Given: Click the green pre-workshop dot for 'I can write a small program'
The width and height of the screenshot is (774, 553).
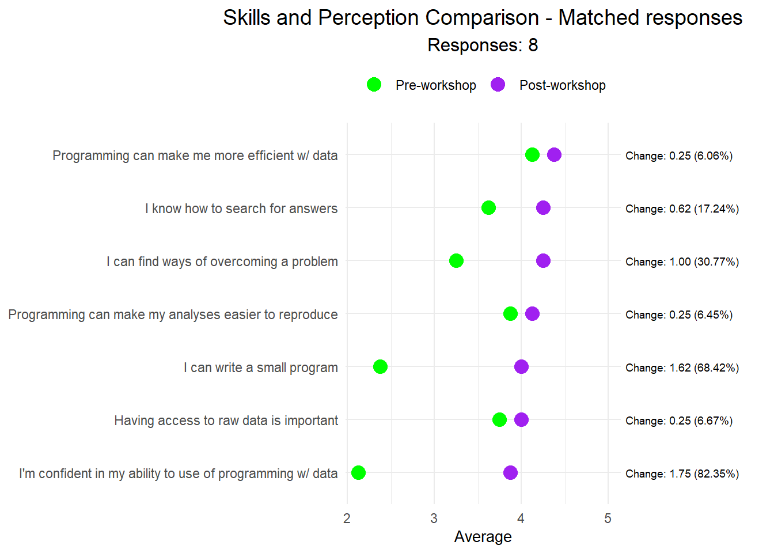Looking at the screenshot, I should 380,366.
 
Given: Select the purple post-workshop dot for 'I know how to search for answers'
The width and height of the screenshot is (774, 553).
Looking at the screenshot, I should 543,207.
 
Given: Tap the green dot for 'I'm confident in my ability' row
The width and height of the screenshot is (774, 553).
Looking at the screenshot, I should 358,472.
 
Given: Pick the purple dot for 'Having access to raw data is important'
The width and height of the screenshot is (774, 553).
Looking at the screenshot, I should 521,419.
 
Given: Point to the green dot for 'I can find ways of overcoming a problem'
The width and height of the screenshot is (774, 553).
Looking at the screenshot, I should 456,260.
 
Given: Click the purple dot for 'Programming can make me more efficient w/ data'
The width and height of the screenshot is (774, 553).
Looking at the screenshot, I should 554,154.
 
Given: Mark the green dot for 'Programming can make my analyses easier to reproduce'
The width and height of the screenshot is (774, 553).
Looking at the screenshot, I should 510,313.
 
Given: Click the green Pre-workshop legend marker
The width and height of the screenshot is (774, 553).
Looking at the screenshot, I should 374,85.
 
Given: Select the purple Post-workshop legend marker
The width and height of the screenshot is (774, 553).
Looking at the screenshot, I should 498,85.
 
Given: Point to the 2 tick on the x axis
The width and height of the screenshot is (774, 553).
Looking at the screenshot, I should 347,518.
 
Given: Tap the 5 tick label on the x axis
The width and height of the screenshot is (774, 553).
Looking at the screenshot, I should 608,518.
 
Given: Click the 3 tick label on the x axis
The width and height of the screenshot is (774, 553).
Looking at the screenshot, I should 434,518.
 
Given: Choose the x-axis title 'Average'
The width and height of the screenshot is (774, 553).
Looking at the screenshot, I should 483,537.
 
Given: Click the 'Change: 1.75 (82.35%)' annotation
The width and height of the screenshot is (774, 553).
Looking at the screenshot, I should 682,474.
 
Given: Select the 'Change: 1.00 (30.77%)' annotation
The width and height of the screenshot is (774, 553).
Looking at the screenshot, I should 682,262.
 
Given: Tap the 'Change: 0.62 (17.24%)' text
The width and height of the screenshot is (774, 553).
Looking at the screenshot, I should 682,209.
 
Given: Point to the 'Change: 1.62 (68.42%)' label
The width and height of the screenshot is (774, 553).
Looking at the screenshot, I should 682,368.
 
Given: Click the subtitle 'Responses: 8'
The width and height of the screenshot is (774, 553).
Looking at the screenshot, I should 483,45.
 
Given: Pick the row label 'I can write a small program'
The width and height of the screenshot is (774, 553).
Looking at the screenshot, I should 260,368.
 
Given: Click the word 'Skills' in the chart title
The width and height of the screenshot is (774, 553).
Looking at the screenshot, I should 246,18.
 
